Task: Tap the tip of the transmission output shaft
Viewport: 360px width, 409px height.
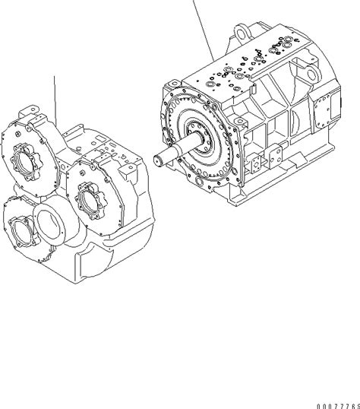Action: (x=158, y=160)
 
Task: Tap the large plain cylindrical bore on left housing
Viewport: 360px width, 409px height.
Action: (x=55, y=224)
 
